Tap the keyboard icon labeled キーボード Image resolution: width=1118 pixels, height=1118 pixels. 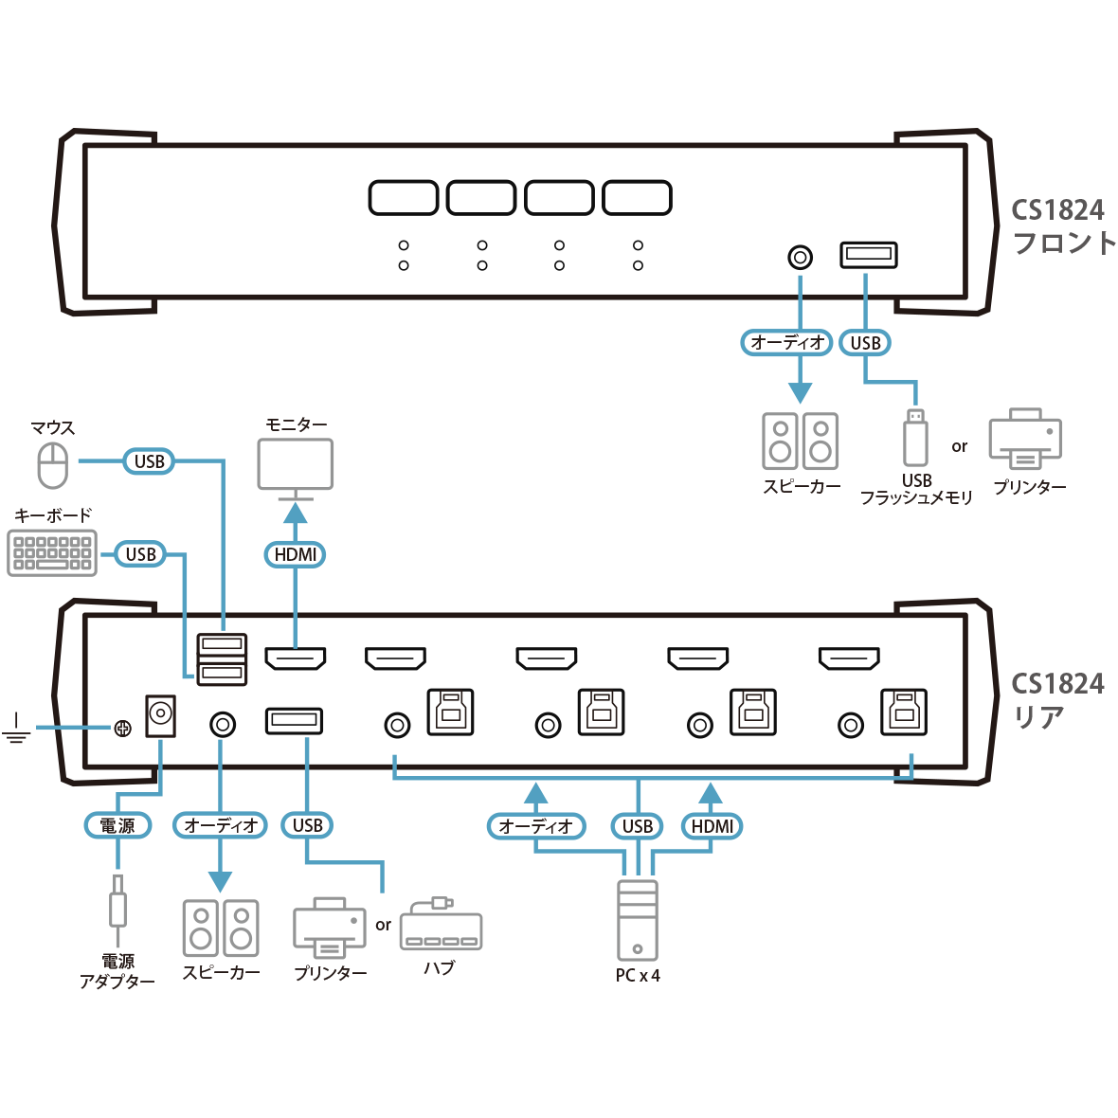[52, 553]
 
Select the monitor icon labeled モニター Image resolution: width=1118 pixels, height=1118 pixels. [296, 464]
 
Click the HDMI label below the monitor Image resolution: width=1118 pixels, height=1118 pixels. [296, 554]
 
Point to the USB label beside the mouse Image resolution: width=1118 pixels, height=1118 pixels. [150, 461]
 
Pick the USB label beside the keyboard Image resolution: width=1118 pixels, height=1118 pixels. [141, 554]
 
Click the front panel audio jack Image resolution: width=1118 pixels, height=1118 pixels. [801, 257]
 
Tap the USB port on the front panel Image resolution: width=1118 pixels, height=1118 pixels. [868, 255]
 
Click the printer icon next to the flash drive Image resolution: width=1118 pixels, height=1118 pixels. [1025, 440]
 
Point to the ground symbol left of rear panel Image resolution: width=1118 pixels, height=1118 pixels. [16, 728]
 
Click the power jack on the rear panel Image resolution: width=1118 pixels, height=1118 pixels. [160, 716]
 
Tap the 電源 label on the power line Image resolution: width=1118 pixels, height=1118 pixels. [117, 825]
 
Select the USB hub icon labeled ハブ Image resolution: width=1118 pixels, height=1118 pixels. [441, 926]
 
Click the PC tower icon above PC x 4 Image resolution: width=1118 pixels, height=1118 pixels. [637, 920]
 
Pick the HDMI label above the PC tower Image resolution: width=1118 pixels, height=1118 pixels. [712, 826]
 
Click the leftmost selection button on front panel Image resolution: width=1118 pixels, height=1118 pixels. [403, 198]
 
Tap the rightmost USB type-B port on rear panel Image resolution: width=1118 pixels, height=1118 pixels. [903, 712]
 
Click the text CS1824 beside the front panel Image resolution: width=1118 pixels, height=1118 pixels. [1057, 209]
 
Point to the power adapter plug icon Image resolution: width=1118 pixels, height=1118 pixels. [117, 902]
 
